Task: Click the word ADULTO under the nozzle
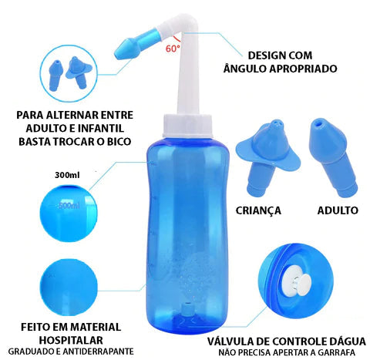point(337,209)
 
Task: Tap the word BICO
point(119,142)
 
